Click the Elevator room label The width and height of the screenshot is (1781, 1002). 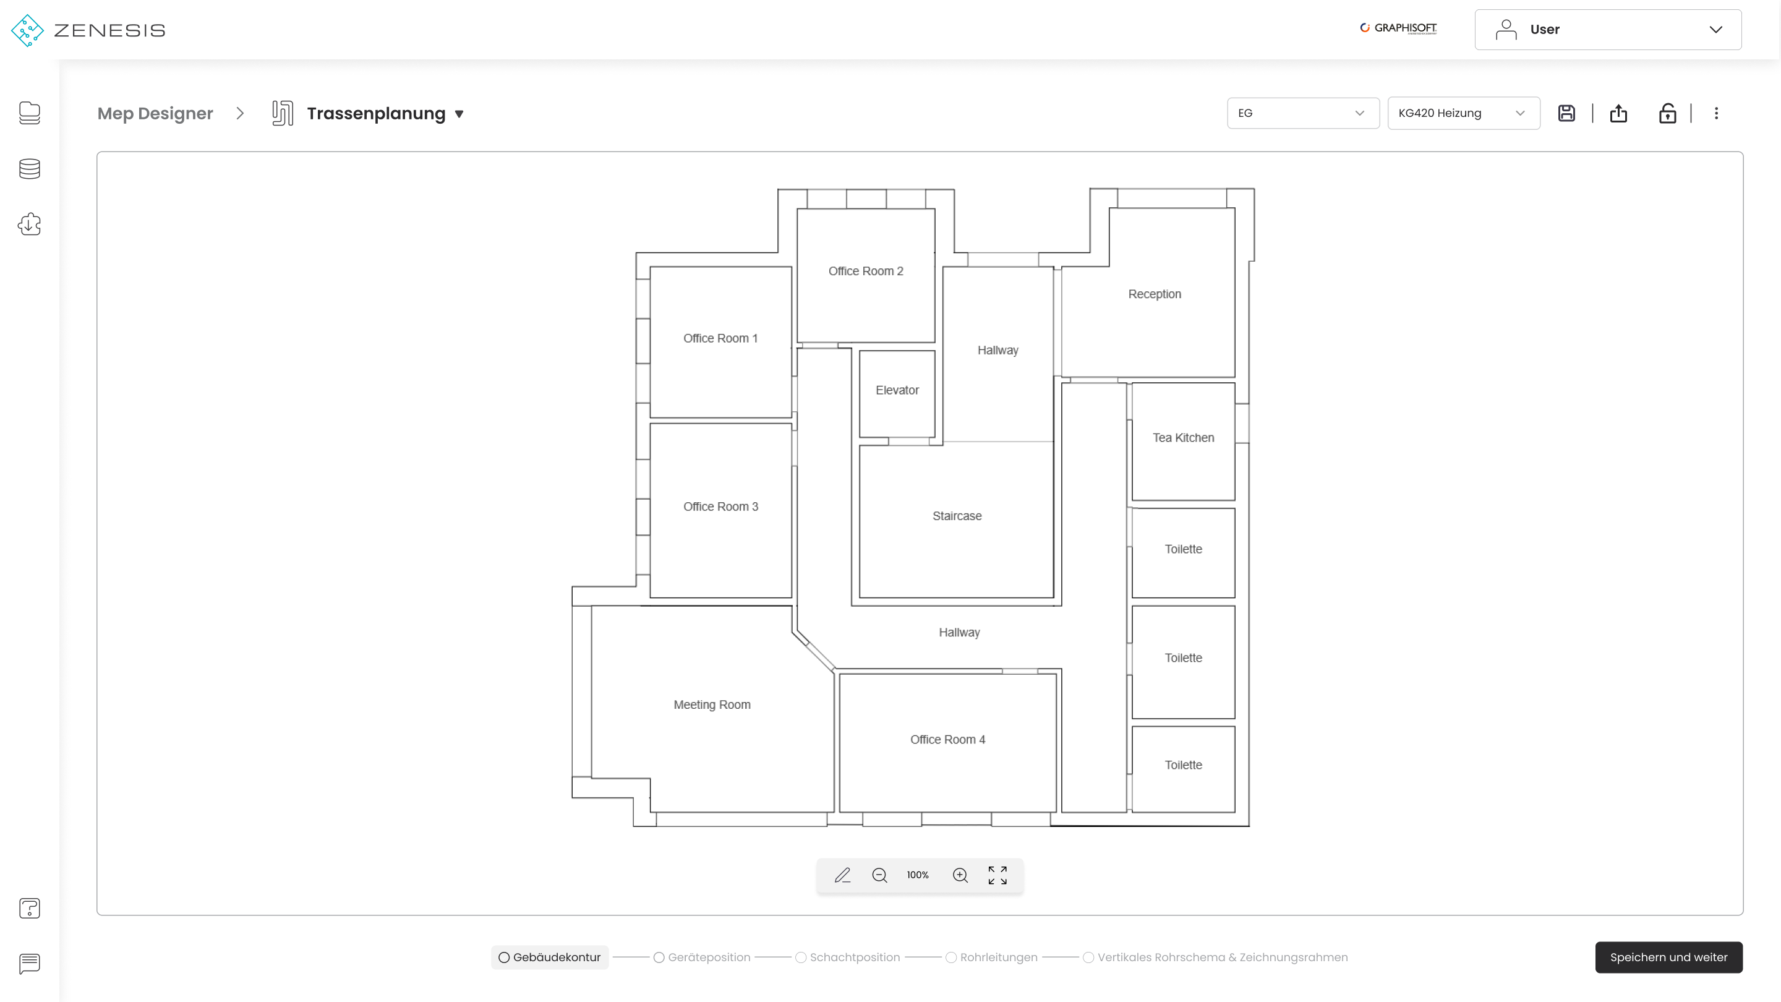897,390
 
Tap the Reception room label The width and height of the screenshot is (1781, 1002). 1155,294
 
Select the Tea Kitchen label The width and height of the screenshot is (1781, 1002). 1183,438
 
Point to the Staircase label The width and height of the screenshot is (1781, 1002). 957,516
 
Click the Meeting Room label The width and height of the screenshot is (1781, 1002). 712,704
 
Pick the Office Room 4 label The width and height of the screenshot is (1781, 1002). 948,739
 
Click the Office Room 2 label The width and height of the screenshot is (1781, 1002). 866,271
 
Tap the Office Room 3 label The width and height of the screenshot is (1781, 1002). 720,506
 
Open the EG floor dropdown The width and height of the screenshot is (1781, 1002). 1302,113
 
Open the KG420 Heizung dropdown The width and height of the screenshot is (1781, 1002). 1463,113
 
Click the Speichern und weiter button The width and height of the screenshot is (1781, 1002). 1668,957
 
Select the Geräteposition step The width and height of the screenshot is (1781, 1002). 702,957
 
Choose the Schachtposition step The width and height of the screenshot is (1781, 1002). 848,957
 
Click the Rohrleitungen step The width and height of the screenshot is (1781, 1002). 991,957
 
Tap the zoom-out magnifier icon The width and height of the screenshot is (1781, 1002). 879,875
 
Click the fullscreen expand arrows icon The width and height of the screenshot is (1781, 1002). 997,875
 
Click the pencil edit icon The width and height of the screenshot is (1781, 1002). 842,875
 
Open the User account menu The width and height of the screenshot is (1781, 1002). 1607,30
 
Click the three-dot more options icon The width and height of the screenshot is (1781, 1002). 1716,113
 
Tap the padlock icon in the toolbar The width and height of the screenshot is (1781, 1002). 1667,113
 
